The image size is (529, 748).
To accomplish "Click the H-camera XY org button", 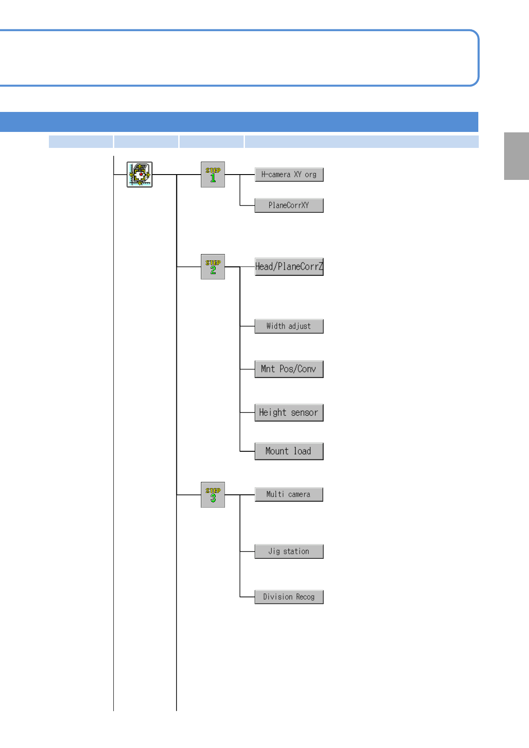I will (289, 175).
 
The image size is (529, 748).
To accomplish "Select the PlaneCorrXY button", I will (289, 205).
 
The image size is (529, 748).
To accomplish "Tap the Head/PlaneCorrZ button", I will (289, 267).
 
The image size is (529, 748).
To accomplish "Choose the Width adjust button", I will (289, 326).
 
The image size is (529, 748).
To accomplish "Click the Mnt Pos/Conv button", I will (289, 369).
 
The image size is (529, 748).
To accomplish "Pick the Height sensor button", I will (289, 412).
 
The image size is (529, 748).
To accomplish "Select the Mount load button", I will (289, 451).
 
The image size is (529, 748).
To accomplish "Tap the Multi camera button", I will (289, 494).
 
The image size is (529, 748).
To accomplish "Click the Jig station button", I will (289, 551).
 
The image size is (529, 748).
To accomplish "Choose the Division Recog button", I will (289, 597).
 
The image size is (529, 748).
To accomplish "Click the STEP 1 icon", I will (213, 175).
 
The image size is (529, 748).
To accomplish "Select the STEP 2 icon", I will (213, 267).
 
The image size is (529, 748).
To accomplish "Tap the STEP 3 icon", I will (213, 494).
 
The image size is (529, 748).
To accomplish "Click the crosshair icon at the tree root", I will (140, 175).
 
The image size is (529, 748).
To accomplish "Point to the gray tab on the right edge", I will (516, 156).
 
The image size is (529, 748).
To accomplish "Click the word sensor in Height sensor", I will (305, 413).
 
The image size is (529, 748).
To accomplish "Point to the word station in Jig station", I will (296, 551).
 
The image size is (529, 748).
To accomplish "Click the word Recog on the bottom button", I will (305, 597).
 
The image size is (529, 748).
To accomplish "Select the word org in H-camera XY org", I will (311, 175).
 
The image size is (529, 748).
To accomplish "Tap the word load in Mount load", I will (302, 451).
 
